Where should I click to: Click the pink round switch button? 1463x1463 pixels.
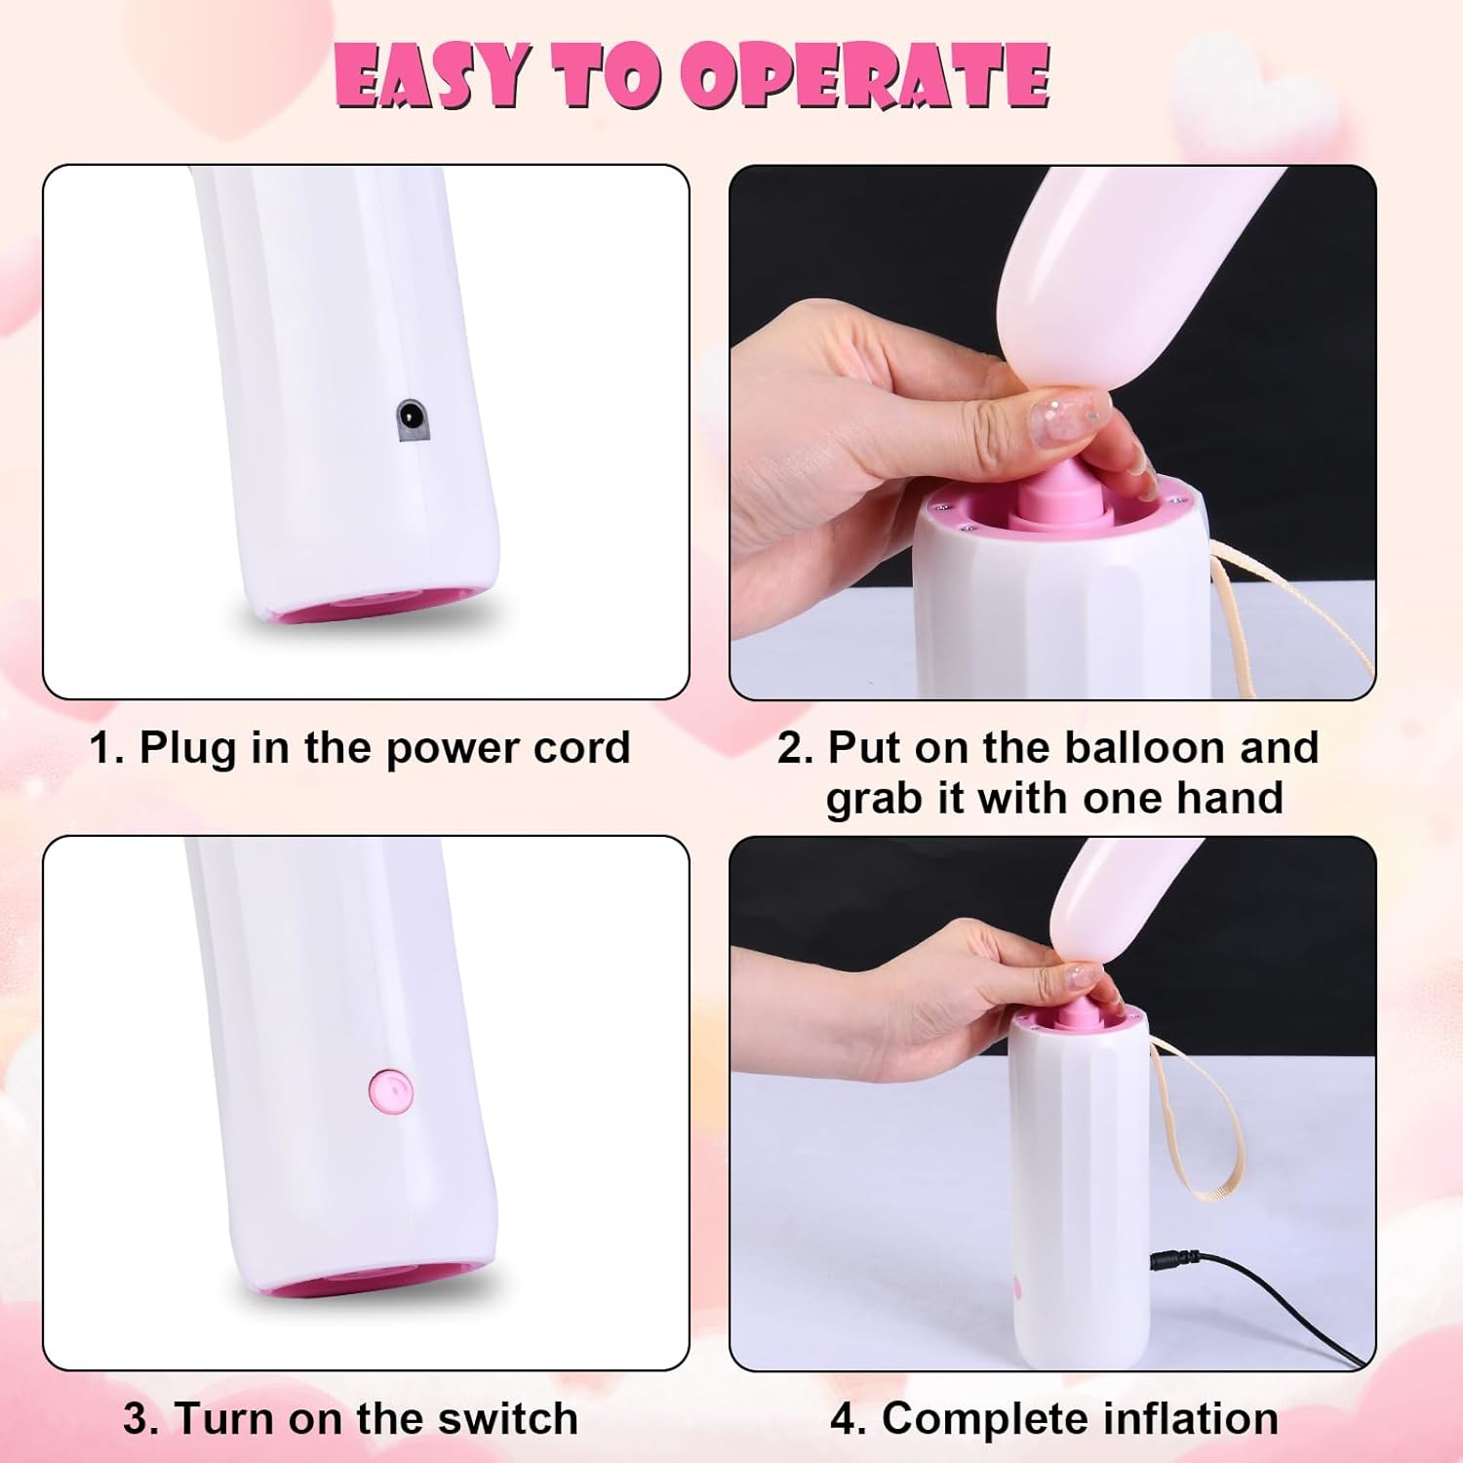point(391,1087)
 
